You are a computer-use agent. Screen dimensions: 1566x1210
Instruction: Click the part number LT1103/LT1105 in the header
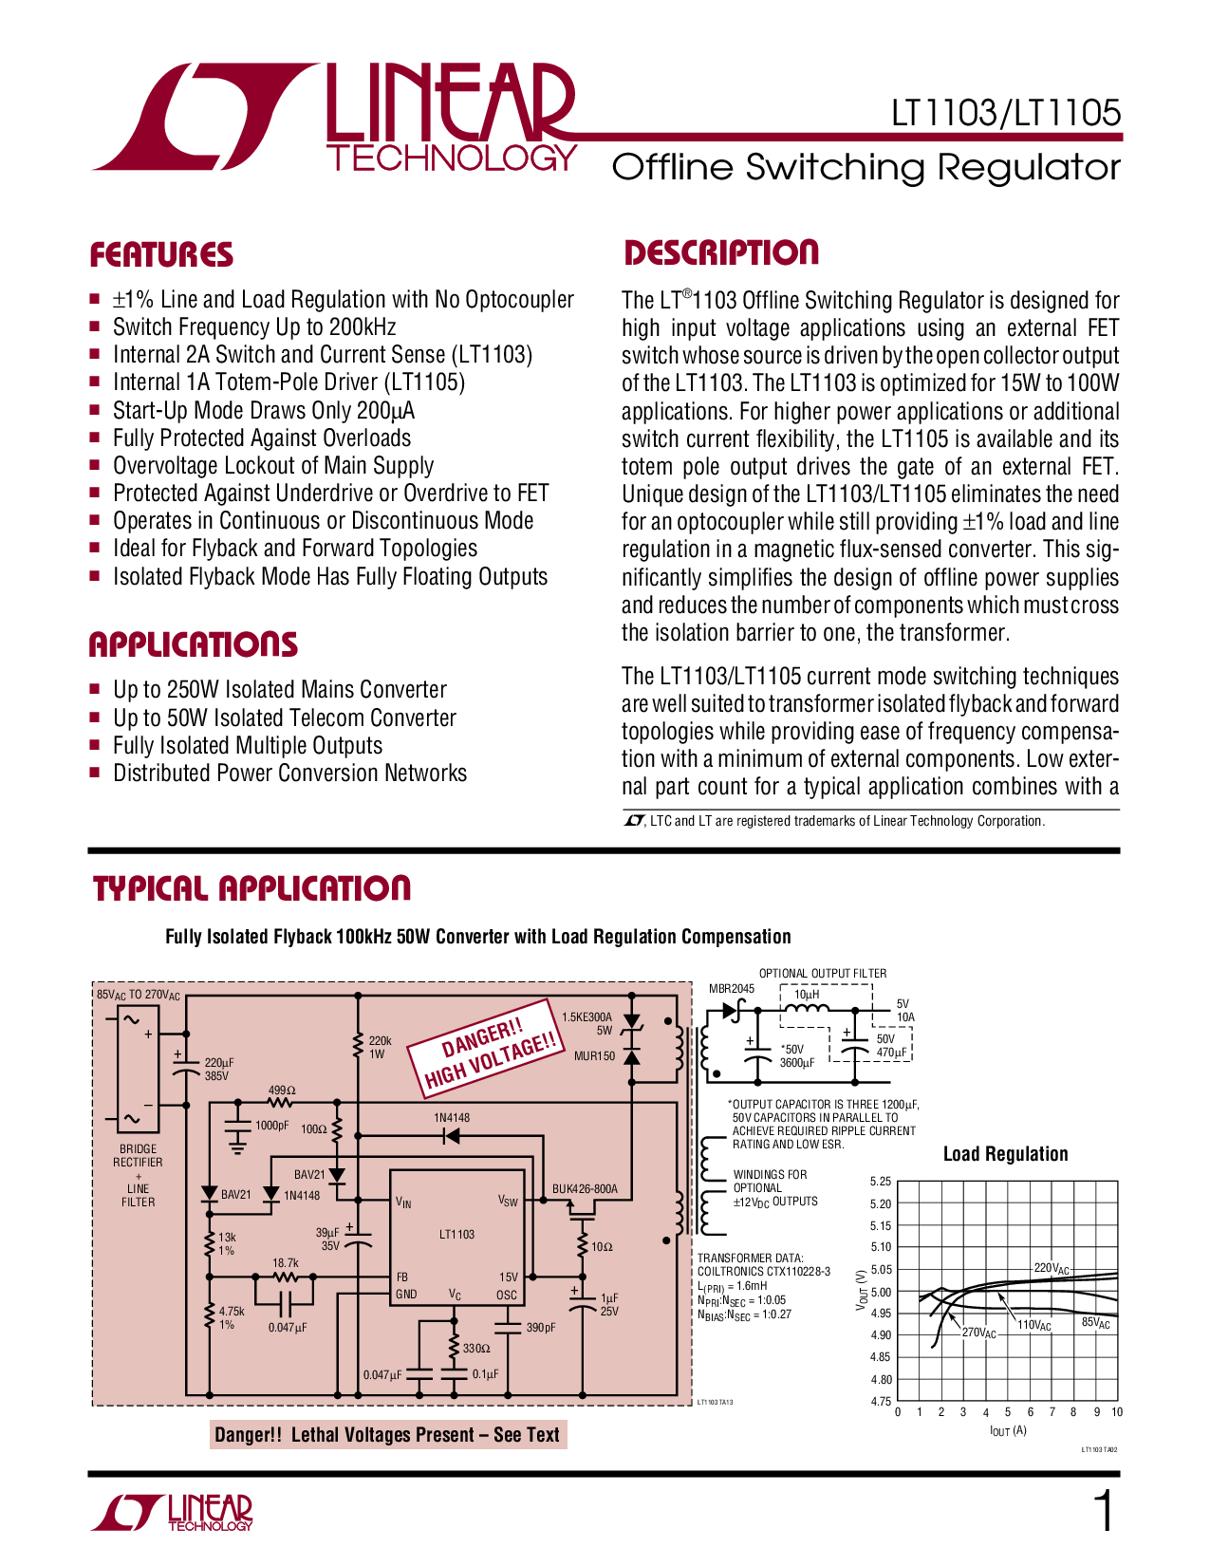pyautogui.click(x=1005, y=114)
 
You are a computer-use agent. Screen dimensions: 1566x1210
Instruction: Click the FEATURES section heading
pyautogui.click(x=161, y=254)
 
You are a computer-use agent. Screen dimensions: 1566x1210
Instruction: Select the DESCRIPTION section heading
pyautogui.click(x=720, y=252)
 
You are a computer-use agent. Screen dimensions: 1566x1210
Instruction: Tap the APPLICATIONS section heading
pyautogui.click(x=193, y=644)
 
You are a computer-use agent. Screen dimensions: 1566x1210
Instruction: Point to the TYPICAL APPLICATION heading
pyautogui.click(x=251, y=888)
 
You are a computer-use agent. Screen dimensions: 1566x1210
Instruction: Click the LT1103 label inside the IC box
pyautogui.click(x=456, y=1234)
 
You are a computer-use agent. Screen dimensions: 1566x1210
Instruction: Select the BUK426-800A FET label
pyautogui.click(x=585, y=1188)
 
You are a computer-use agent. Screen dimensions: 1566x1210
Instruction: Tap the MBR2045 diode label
pyautogui.click(x=731, y=988)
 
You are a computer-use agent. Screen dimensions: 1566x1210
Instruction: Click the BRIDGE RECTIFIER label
pyautogui.click(x=139, y=1155)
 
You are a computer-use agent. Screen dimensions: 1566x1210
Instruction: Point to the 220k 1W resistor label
pyautogui.click(x=380, y=1047)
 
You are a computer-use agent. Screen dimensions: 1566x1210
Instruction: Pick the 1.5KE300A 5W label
pyautogui.click(x=587, y=1023)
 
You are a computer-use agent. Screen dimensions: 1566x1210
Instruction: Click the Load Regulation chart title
pyautogui.click(x=1005, y=1154)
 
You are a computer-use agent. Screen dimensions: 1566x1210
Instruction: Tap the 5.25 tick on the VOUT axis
pyautogui.click(x=880, y=1182)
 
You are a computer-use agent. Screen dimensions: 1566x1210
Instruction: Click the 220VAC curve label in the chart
pyautogui.click(x=1051, y=1268)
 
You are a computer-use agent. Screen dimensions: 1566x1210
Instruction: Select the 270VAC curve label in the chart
pyautogui.click(x=978, y=1333)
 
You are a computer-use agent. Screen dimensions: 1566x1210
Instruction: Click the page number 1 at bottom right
pyautogui.click(x=1104, y=1512)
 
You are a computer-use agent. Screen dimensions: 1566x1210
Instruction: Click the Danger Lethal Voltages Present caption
pyautogui.click(x=387, y=1434)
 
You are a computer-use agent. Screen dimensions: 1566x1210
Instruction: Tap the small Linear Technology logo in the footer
pyautogui.click(x=173, y=1513)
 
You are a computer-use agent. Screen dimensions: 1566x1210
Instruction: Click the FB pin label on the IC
pyautogui.click(x=402, y=1277)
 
